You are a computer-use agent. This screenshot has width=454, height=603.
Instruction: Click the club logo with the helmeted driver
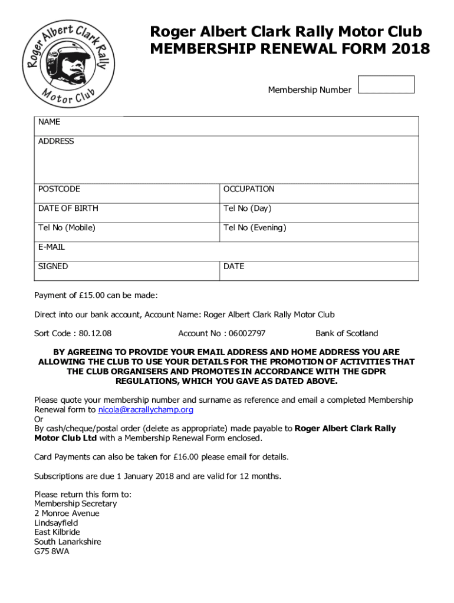[x=68, y=64]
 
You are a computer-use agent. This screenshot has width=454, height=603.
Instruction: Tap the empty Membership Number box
[x=386, y=84]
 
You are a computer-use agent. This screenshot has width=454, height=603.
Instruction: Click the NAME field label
[x=49, y=122]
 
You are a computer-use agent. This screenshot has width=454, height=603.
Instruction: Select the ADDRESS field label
[x=56, y=141]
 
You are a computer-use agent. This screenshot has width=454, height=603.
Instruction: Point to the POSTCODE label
[x=59, y=189]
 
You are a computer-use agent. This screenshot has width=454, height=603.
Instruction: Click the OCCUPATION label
[x=248, y=189]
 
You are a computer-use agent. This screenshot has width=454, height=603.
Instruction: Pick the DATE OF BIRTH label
[x=68, y=208]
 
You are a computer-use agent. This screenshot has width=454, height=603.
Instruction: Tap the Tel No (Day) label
[x=247, y=208]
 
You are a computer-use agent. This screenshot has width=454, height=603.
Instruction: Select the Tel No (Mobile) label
[x=67, y=228]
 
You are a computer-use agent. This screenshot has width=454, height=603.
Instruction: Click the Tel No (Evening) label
[x=254, y=228]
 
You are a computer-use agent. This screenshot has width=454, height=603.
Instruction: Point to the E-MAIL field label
[x=51, y=247]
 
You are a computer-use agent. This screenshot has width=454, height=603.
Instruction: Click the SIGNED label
[x=53, y=267]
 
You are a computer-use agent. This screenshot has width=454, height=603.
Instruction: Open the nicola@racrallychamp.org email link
[x=146, y=410]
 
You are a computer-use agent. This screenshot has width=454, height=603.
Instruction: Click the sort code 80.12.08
[x=95, y=334]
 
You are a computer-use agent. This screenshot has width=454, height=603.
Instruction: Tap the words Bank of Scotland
[x=347, y=334]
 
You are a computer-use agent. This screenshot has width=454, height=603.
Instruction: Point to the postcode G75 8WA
[x=51, y=552]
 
